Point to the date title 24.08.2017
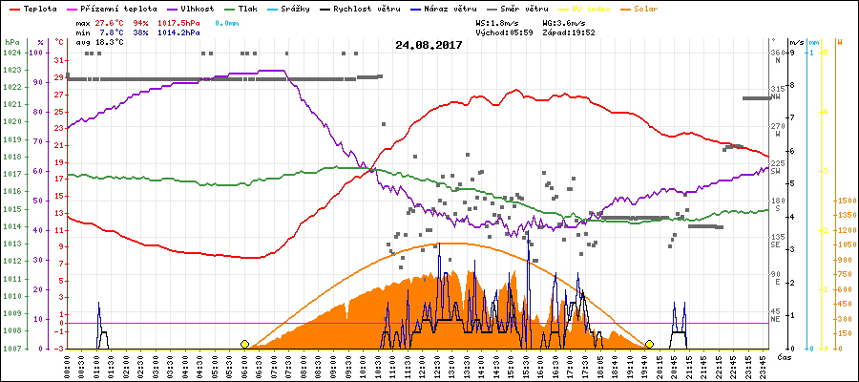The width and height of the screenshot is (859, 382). [x=429, y=45]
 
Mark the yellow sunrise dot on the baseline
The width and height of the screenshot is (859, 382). [x=245, y=344]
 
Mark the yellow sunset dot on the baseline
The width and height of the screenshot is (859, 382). [x=649, y=344]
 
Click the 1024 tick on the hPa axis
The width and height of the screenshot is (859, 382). [x=12, y=53]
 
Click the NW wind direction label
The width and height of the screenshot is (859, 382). [x=777, y=96]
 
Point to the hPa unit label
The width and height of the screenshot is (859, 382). [x=11, y=43]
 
